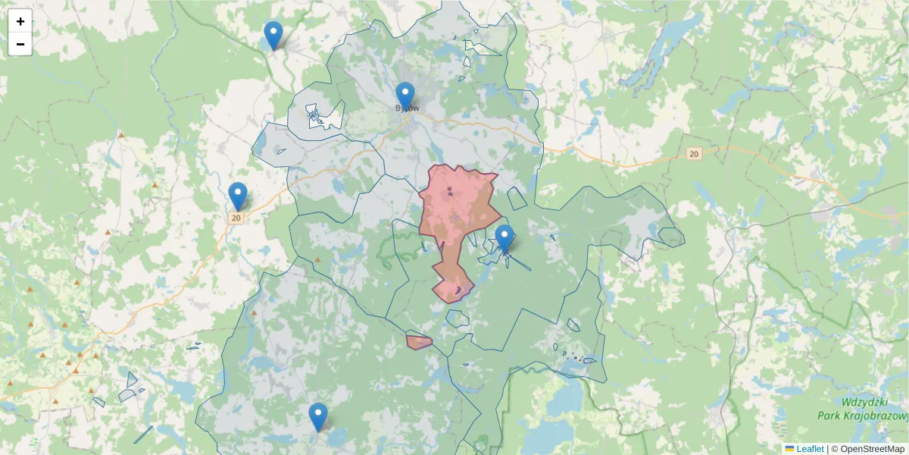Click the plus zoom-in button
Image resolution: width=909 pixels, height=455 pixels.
[x=20, y=21]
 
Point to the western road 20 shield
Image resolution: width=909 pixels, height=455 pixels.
[x=237, y=218]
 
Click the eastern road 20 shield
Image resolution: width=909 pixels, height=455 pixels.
[x=694, y=154]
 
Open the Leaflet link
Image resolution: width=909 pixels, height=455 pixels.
[x=810, y=449]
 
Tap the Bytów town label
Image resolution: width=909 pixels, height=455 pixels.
[x=408, y=108]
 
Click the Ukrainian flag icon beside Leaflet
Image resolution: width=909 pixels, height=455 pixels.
[x=790, y=449]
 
